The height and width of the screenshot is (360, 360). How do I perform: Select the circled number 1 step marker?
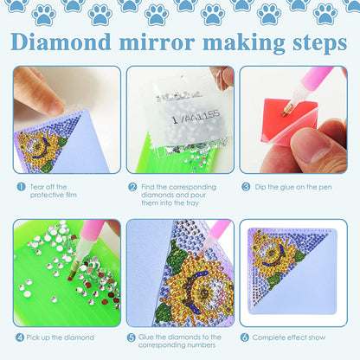click(x=18, y=186)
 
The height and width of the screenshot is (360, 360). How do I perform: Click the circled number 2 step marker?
click(x=132, y=186)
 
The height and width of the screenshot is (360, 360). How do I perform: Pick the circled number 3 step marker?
click(x=246, y=186)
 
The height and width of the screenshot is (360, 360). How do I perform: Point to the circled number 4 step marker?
click(x=18, y=337)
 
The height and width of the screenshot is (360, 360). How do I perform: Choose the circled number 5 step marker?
click(x=132, y=337)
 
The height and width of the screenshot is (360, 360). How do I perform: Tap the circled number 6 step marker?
click(x=246, y=337)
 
